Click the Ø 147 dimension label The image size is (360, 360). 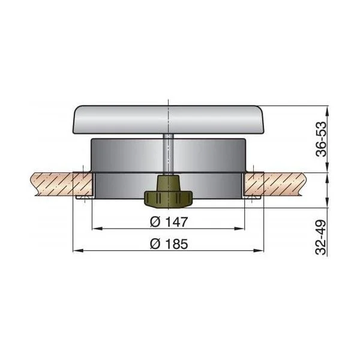coord(169,222)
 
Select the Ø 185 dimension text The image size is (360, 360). coord(169,244)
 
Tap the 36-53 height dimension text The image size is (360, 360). coord(321,139)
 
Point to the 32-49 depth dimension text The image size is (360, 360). coord(321,237)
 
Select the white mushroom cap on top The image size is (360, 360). coord(168,119)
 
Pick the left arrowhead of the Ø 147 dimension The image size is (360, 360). coord(97,229)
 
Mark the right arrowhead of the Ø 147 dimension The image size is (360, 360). coord(239,229)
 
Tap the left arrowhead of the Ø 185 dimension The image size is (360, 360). coord(78,251)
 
